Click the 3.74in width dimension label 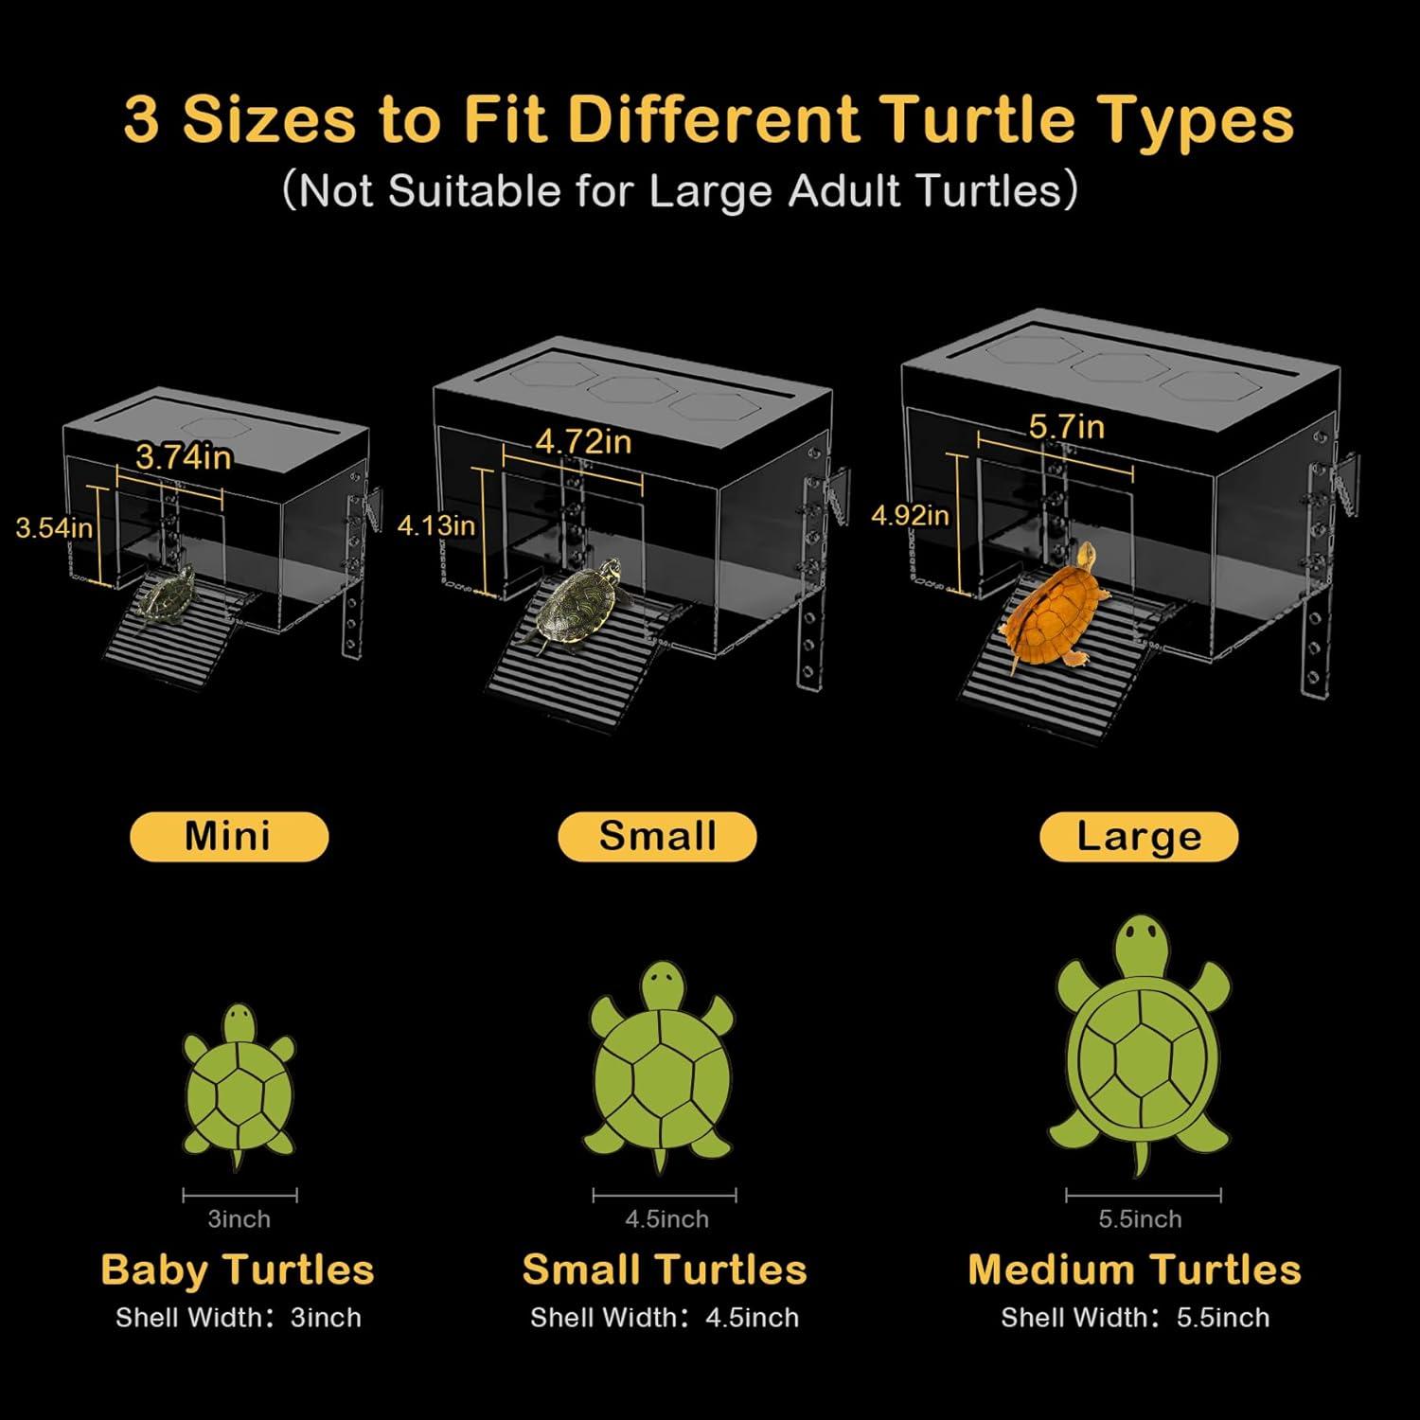point(184,457)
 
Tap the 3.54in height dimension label point(54,527)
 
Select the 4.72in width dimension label point(583,441)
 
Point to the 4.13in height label point(435,525)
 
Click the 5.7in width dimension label point(1067,427)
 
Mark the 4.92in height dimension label point(910,516)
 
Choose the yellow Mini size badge point(229,837)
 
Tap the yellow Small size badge point(657,837)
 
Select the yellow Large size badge point(1139,837)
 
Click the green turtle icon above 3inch point(239,1086)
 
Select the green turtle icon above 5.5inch point(1142,1046)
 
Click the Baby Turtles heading point(238,1270)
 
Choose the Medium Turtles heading point(1134,1270)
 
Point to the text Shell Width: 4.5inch point(665,1318)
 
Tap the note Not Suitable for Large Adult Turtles point(680,191)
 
